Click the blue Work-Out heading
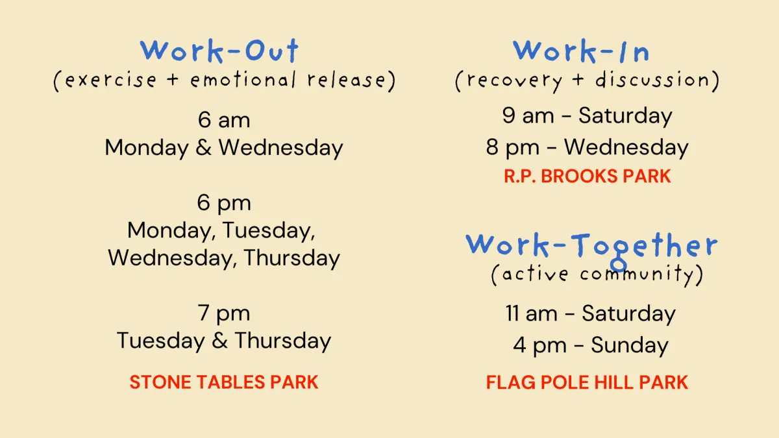[219, 51]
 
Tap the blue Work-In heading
[581, 51]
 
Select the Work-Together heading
[591, 247]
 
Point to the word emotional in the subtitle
[243, 80]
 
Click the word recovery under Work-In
[514, 81]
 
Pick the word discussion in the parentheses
[652, 80]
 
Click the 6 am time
[224, 120]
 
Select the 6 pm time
[224, 203]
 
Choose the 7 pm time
[224, 313]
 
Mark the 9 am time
[528, 116]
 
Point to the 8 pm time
[513, 147]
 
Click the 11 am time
[532, 313]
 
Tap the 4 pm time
[539, 345]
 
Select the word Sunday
[630, 345]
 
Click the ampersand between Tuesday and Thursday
[220, 341]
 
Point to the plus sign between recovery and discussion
[578, 80]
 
